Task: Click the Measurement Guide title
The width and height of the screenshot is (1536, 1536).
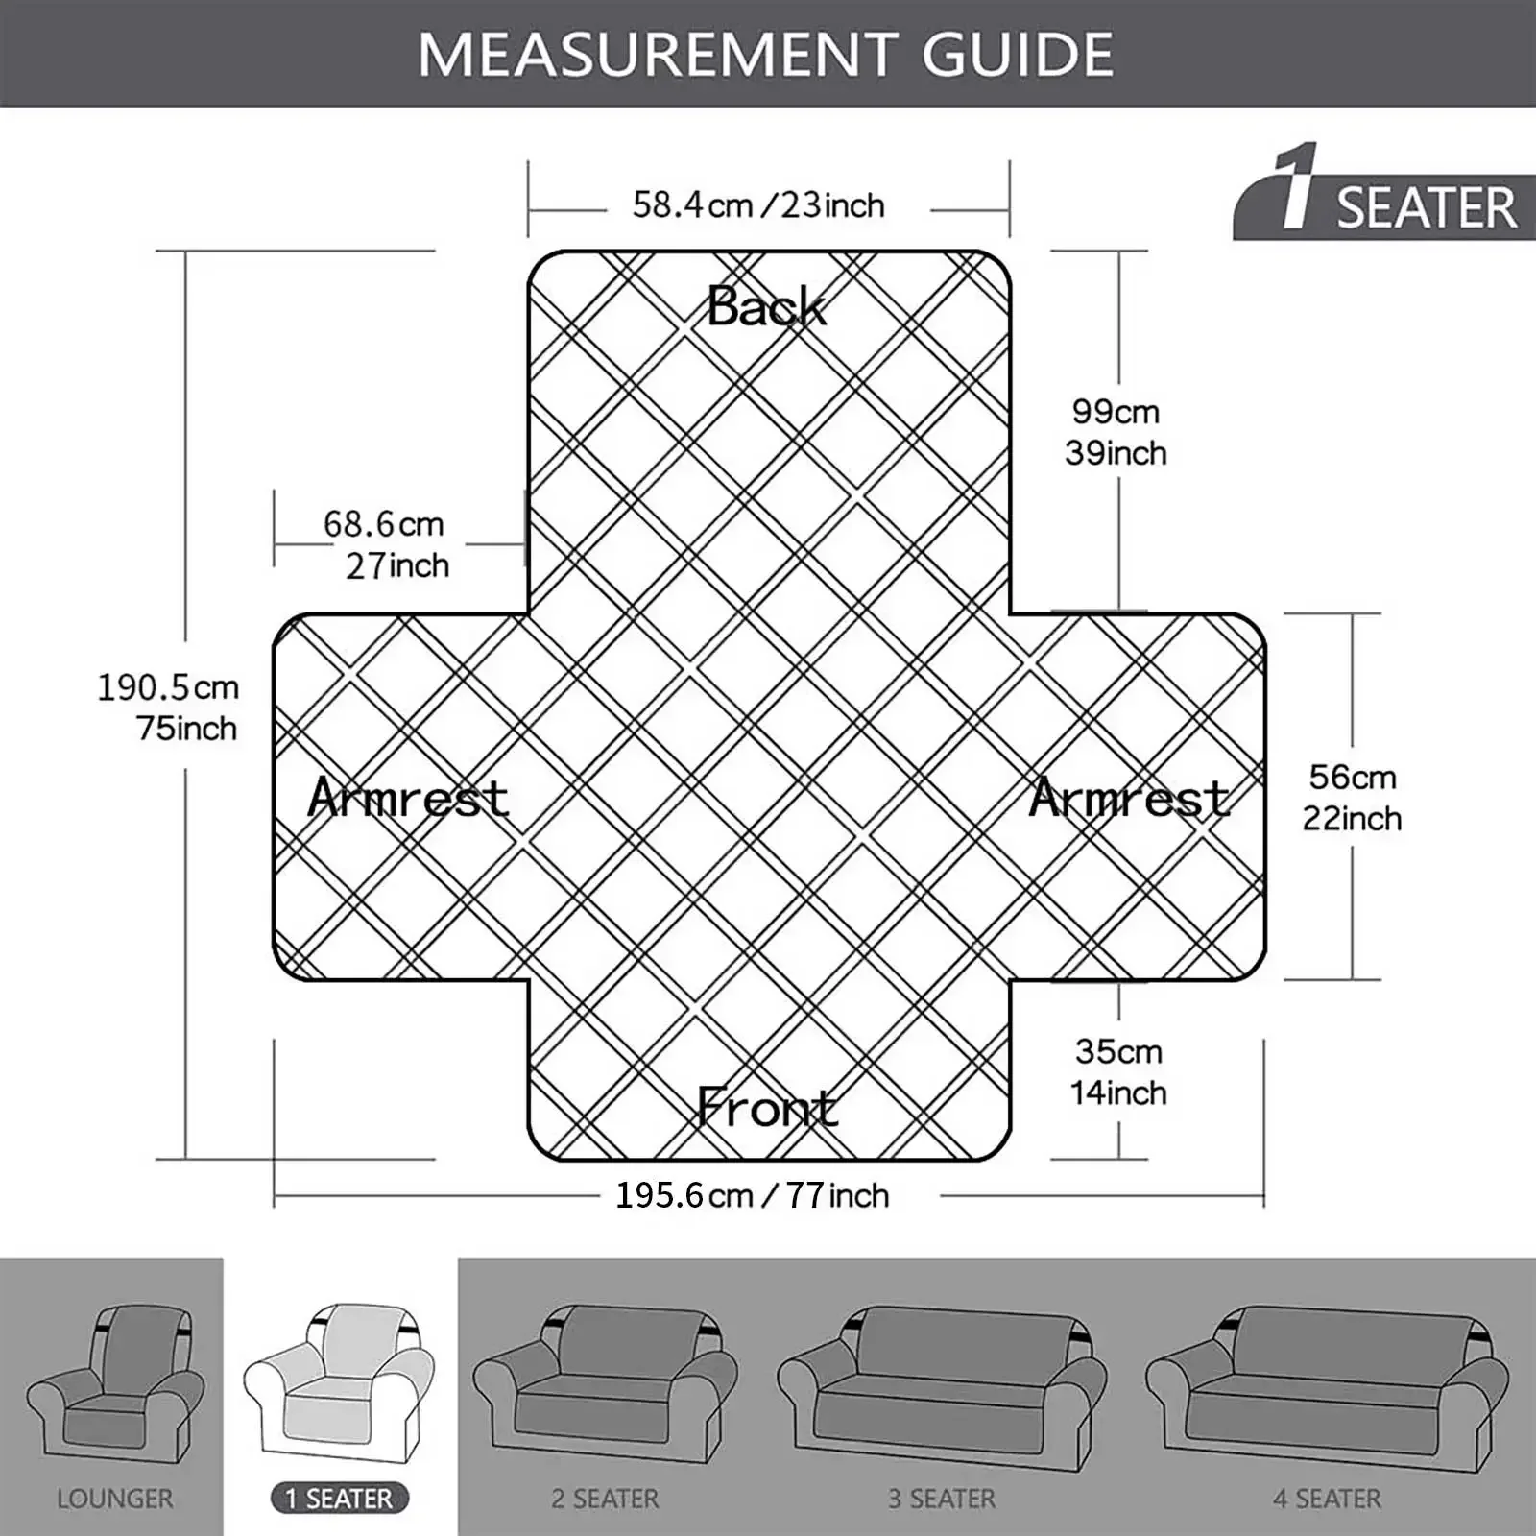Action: (x=766, y=54)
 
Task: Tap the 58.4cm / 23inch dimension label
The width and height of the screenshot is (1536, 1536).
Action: (x=758, y=204)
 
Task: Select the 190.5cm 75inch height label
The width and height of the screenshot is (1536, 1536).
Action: (x=168, y=708)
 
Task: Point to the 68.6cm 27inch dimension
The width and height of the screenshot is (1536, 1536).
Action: (x=386, y=544)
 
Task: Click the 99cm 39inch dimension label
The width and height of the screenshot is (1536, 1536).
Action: (x=1116, y=432)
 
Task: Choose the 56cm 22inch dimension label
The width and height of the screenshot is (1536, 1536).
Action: (x=1352, y=797)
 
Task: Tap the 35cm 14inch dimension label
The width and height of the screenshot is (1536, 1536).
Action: (x=1118, y=1071)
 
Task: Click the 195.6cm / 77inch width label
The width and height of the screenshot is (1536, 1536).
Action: (x=753, y=1195)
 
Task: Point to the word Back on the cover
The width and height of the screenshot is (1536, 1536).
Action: (x=766, y=306)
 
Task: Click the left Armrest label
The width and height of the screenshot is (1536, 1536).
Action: (x=408, y=797)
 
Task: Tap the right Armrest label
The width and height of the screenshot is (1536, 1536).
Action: (x=1129, y=797)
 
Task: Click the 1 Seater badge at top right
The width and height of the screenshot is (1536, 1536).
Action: (x=1384, y=191)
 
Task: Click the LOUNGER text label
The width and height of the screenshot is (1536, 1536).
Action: (x=115, y=1499)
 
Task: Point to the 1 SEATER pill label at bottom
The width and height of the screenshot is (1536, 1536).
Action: (x=340, y=1499)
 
